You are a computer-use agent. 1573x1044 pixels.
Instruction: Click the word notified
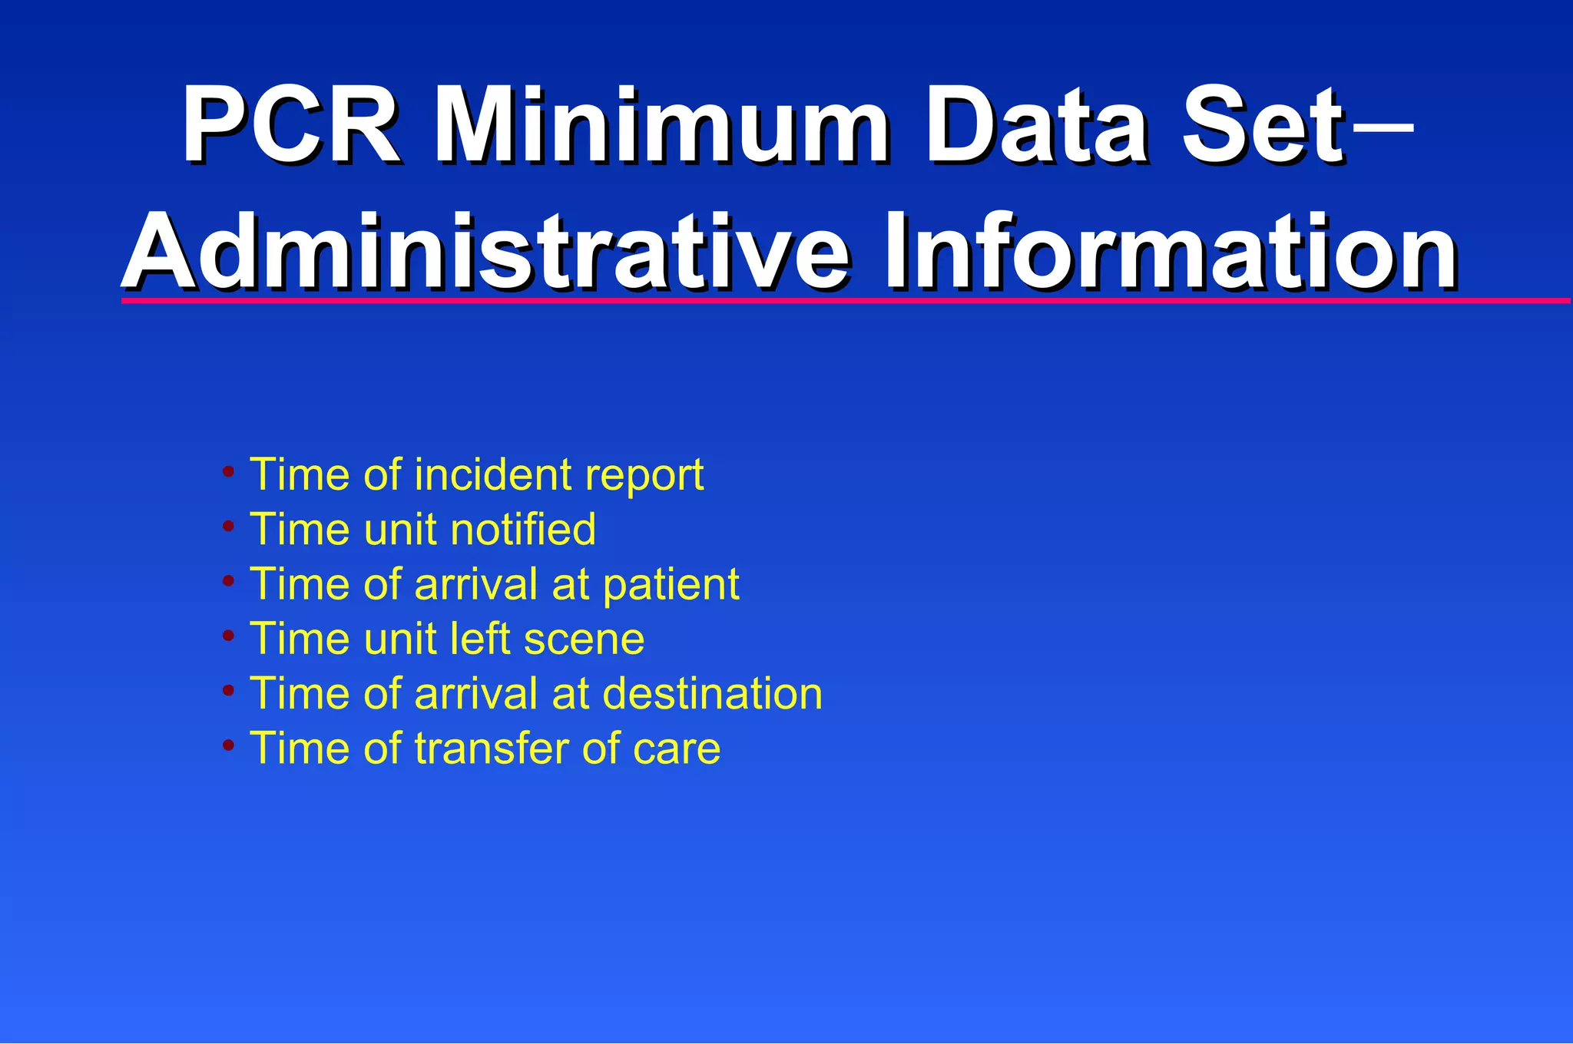522,529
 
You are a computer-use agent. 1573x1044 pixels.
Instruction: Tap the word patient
671,586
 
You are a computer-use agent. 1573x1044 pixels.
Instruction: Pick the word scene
583,639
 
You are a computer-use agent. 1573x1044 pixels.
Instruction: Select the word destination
712,693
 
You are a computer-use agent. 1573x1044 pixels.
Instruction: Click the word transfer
492,748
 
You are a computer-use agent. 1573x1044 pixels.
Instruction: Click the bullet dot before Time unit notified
228,527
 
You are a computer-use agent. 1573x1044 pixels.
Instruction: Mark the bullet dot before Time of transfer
228,745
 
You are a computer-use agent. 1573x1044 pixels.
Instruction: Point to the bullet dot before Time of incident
228,471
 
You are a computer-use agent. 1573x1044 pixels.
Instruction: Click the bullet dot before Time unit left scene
228,636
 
